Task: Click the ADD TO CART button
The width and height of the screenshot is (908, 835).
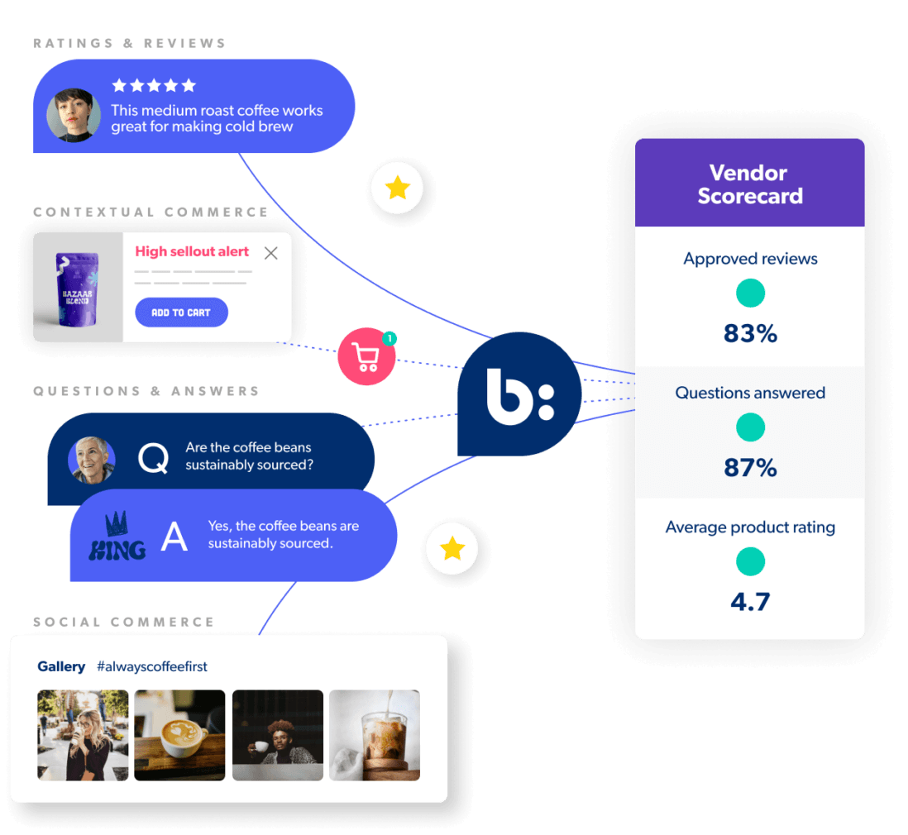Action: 181,313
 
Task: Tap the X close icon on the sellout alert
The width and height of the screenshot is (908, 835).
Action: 270,253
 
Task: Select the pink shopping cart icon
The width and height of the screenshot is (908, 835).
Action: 366,357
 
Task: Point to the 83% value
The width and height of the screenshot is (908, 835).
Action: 750,333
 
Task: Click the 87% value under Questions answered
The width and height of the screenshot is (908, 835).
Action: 750,468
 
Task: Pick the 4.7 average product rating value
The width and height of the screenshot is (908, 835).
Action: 750,601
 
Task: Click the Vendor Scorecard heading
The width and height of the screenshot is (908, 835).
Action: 750,184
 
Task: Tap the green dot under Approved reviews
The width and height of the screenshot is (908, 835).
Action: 750,293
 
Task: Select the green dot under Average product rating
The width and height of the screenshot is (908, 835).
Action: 750,561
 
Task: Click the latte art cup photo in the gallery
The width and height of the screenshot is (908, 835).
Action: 179,735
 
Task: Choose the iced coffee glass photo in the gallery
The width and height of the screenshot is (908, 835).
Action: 375,735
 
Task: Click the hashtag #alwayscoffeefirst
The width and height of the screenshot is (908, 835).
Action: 152,666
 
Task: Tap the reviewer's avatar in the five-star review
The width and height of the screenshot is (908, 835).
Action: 74,115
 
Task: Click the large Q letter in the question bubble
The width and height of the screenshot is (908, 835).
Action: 153,458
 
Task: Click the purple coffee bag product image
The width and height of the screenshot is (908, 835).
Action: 79,287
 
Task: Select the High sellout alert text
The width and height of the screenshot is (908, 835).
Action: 192,252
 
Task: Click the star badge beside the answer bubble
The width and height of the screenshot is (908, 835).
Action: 452,548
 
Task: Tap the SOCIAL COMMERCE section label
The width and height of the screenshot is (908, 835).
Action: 124,622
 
